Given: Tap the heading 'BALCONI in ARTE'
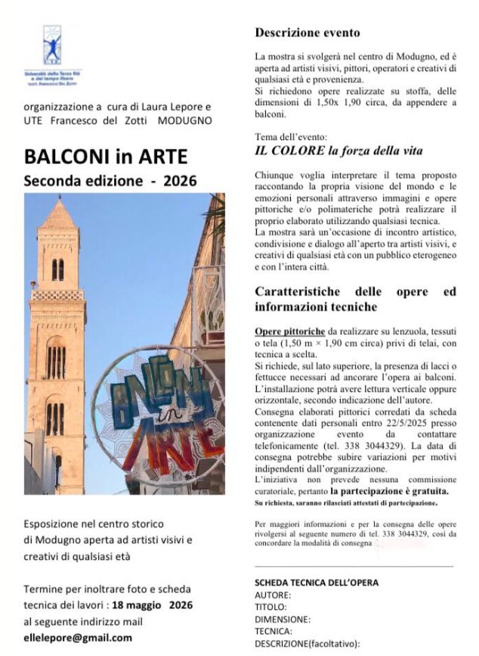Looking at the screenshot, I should click(x=106, y=157).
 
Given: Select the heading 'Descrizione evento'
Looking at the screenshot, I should click(x=307, y=33).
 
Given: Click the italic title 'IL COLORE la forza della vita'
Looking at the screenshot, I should click(x=338, y=151).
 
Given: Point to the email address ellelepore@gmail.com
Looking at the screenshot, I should click(x=78, y=637).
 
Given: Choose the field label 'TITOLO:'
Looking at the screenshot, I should click(x=271, y=607).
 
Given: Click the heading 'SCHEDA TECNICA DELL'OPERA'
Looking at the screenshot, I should click(x=317, y=582).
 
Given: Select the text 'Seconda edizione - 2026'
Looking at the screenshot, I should click(x=110, y=181).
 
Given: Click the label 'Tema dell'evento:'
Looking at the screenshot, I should click(x=291, y=137).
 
